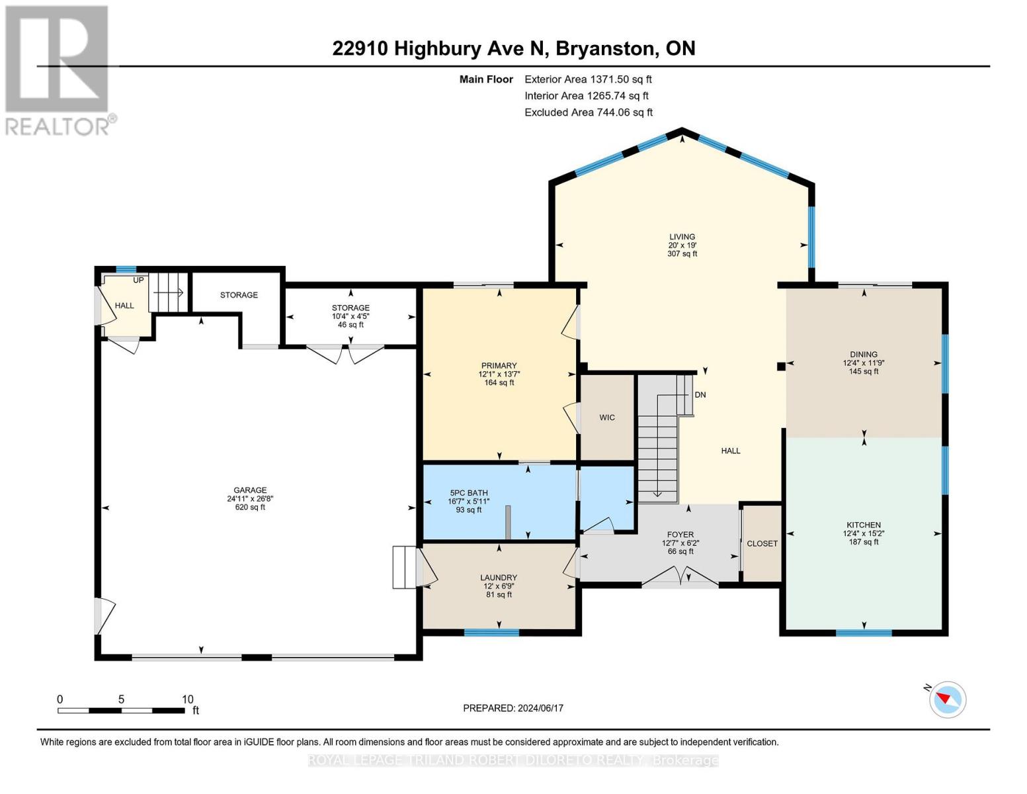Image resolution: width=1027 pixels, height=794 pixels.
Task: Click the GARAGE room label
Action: [249, 490]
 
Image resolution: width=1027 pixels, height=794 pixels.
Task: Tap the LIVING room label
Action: [682, 237]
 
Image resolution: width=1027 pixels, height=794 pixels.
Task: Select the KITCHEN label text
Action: [863, 525]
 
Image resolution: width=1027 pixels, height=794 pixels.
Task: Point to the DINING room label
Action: [863, 355]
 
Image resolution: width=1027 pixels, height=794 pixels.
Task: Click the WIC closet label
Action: [606, 418]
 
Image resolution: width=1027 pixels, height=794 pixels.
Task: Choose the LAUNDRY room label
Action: [498, 578]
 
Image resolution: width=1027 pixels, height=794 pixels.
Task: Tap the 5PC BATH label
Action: [468, 493]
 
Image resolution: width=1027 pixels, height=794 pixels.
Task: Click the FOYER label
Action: [680, 535]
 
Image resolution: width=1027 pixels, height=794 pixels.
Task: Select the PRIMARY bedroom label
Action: [499, 366]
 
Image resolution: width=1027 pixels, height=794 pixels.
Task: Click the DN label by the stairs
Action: [700, 395]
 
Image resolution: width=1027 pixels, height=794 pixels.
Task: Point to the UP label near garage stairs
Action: [138, 281]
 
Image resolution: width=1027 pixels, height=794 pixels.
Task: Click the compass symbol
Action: [947, 699]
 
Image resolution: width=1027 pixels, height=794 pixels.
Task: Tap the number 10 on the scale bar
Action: [187, 699]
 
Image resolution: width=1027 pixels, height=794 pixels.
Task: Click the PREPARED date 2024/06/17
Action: [513, 708]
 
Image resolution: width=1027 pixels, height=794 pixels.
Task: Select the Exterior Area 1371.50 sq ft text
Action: [588, 79]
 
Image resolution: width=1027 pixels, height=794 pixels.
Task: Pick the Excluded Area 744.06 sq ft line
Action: [588, 112]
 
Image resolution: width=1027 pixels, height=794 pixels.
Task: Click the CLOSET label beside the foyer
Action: [762, 543]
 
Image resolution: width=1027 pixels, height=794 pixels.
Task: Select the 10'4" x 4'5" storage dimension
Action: [350, 317]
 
